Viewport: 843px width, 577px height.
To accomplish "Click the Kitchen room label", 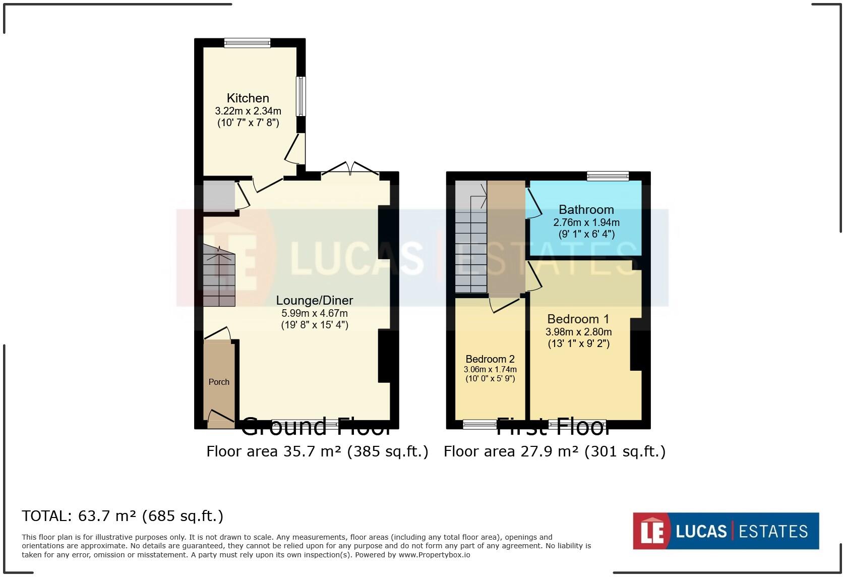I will [x=248, y=98].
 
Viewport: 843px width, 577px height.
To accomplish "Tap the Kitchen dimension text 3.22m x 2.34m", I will [x=248, y=111].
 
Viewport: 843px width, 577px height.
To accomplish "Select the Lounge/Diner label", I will [x=314, y=300].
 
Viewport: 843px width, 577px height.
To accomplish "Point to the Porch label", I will [x=219, y=382].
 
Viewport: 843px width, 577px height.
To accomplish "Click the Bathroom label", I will [x=586, y=209].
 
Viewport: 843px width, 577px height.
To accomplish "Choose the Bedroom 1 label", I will [x=578, y=319].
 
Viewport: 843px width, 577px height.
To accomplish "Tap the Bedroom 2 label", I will [x=490, y=359].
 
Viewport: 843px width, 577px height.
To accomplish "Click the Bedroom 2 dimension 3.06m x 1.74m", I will [x=490, y=369].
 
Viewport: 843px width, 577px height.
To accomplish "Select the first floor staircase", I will [x=471, y=237].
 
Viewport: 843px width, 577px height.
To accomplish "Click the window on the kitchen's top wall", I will [x=247, y=43].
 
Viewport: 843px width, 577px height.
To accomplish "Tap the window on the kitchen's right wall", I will [x=300, y=96].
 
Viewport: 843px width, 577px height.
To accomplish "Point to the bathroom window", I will [x=608, y=176].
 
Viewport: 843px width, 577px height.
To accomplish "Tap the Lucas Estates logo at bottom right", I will [x=726, y=531].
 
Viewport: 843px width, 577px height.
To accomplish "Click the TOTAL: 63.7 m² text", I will [x=123, y=516].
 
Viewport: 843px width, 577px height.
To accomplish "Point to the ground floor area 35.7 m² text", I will [x=317, y=451].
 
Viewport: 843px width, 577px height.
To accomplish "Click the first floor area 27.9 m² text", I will [x=554, y=451].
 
